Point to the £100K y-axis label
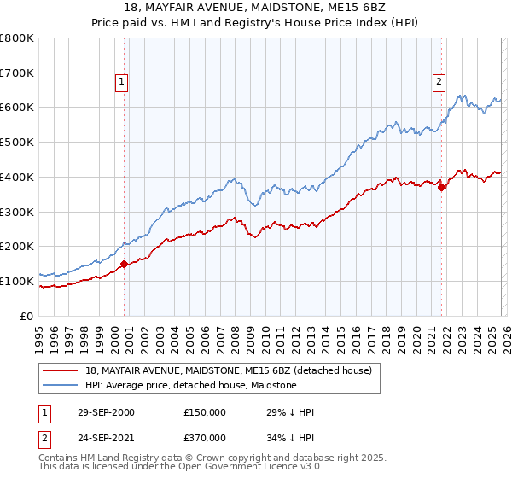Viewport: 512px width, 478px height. click(17, 281)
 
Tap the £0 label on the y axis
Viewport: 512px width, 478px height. click(26, 316)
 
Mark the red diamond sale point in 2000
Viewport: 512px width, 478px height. click(125, 264)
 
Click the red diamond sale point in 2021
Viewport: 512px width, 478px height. click(442, 188)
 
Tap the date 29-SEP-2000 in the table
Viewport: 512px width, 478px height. click(105, 412)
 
